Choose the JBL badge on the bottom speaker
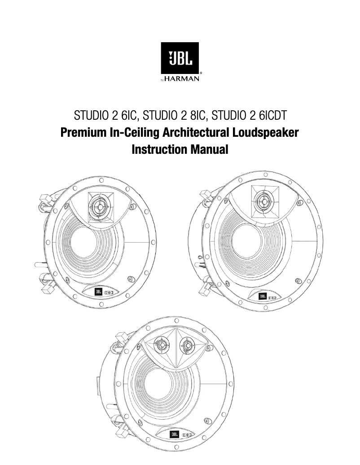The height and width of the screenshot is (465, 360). [x=174, y=435]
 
